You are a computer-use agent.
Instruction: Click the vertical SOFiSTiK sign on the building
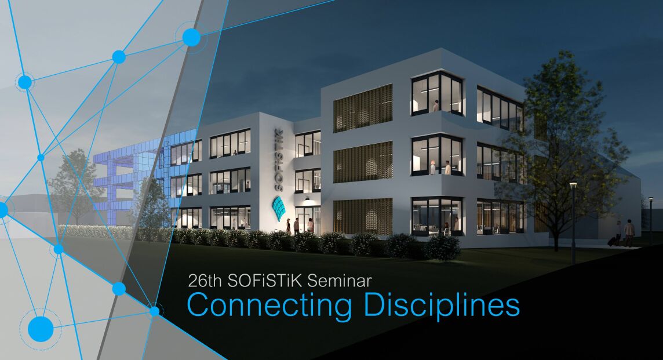(x=279, y=159)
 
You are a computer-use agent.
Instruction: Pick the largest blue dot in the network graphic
(x=41, y=329)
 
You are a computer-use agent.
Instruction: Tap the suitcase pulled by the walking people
(x=612, y=242)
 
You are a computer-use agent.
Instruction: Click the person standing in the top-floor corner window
(x=436, y=106)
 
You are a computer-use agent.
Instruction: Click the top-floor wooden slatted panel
(x=363, y=108)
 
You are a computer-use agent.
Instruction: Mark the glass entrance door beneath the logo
(x=305, y=220)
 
